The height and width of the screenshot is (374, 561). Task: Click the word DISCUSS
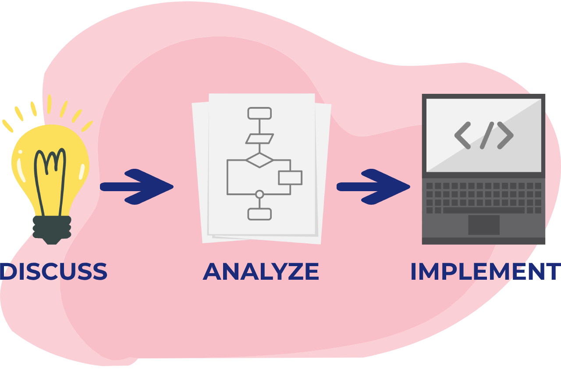coord(54,271)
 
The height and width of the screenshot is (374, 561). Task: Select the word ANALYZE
coord(261,271)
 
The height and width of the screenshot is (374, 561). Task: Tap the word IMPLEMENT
coord(485,271)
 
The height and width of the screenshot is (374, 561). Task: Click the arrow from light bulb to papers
coord(137,187)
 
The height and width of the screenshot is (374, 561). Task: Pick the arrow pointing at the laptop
coord(373,187)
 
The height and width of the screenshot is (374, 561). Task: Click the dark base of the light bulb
coord(52,229)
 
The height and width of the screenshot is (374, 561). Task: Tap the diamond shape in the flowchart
coord(259,160)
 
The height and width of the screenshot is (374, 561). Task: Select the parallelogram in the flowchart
coord(259,139)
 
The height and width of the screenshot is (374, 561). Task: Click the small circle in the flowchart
coord(259,194)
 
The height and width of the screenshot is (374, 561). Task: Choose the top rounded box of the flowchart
coord(259,113)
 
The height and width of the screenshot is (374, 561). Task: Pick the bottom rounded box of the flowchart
coord(259,214)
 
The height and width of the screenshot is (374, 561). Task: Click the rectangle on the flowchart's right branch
coord(290,178)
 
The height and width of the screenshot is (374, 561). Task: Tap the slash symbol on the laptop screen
coord(487,135)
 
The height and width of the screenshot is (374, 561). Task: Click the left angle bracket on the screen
coord(462,135)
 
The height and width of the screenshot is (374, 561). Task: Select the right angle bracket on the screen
coord(505,135)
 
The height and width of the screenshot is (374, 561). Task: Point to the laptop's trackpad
coord(484,225)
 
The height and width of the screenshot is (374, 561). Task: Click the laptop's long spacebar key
coord(484,210)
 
